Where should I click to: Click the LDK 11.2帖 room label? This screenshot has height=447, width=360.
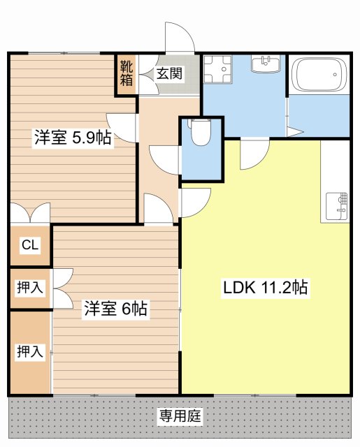[x=266, y=287]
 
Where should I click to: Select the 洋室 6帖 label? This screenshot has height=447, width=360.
[x=115, y=309]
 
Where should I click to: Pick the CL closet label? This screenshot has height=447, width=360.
[x=29, y=245]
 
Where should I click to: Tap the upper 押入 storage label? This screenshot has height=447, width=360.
[x=29, y=287]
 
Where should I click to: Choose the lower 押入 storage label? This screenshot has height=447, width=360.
[x=29, y=352]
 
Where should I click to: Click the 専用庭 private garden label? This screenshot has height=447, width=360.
[x=180, y=417]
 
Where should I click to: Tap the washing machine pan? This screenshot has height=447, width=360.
[x=218, y=70]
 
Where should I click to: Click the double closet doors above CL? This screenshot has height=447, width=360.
[x=30, y=213]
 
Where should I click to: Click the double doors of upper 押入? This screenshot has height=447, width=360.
[x=62, y=287]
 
